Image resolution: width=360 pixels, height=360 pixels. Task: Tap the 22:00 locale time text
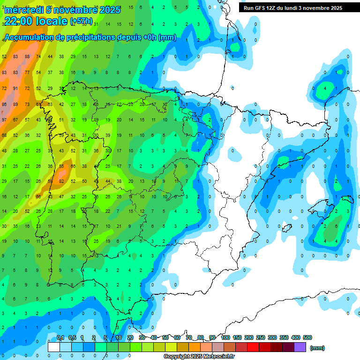click(36, 21)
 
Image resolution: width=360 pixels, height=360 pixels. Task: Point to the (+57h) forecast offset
click(81, 22)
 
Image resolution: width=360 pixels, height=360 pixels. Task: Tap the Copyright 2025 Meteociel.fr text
click(199, 357)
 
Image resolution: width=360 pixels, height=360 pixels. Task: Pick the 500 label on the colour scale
click(307, 337)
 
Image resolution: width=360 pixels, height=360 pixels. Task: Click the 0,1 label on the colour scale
click(60, 337)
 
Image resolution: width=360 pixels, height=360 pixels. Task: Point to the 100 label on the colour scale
click(225, 337)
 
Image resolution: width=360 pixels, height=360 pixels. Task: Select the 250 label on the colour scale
click(260, 337)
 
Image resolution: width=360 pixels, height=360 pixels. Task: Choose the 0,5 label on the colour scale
click(72, 337)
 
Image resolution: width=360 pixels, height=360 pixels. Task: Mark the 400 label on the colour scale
click(296, 337)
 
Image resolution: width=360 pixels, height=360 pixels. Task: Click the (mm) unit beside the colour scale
click(318, 348)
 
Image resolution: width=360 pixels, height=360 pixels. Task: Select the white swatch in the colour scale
click(54, 347)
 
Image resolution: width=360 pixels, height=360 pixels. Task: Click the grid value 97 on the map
click(4, 120)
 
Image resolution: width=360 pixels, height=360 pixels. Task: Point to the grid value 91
click(16, 88)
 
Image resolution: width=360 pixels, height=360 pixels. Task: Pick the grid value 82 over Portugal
click(61, 181)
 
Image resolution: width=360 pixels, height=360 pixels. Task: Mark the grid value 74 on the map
click(38, 57)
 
